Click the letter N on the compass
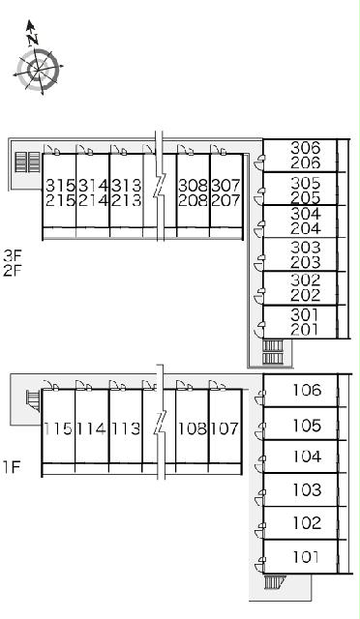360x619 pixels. pos(32,39)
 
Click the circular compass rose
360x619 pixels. pos(39,70)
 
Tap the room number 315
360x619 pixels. pos(60,185)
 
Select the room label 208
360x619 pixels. pos(193,200)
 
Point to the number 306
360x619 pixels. pos(305,148)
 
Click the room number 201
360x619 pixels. pos(304,329)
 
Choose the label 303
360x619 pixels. pos(305,248)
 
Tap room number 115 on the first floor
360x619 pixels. pos(58,428)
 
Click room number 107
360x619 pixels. pos(225,428)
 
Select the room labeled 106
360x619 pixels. pos(307,390)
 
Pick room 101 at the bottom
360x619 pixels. pos(306,557)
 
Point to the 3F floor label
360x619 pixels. pos(13,255)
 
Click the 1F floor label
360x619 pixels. pos(12,466)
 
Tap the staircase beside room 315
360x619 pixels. pos(28,162)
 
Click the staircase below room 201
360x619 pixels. pos(273,352)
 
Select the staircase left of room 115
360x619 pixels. pos(33,400)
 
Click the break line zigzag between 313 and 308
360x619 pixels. pos(160,187)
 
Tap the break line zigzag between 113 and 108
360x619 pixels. pos(160,423)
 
